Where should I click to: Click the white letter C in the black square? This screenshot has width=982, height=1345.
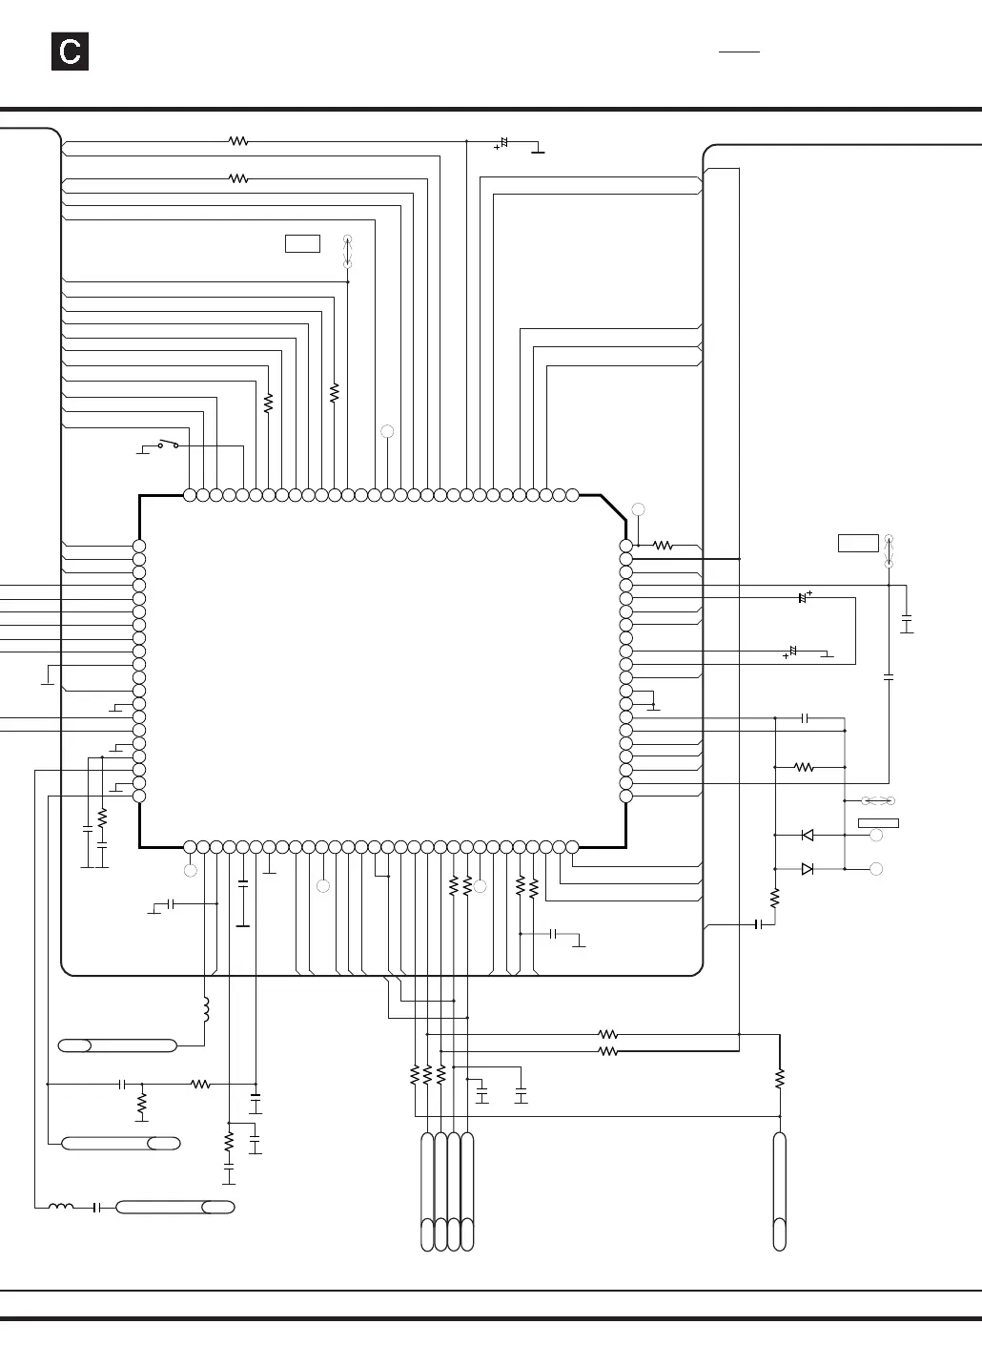pyautogui.click(x=70, y=52)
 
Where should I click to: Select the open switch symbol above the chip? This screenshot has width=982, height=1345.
pyautogui.click(x=168, y=444)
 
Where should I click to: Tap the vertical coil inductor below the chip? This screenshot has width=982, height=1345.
pyautogui.click(x=205, y=1009)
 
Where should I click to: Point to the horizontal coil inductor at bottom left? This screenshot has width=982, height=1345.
pyautogui.click(x=61, y=1207)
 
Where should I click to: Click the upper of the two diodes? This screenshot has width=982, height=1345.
pyautogui.click(x=808, y=835)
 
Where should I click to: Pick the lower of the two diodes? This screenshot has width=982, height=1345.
pyautogui.click(x=808, y=868)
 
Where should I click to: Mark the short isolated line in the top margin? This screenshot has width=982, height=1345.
pyautogui.click(x=739, y=52)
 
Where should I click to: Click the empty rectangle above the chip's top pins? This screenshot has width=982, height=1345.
pyautogui.click(x=302, y=243)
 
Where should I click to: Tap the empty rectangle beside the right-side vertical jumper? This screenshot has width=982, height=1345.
pyautogui.click(x=858, y=543)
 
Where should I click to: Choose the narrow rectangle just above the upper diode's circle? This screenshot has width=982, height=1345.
pyautogui.click(x=878, y=822)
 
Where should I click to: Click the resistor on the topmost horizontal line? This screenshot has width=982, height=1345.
pyautogui.click(x=238, y=141)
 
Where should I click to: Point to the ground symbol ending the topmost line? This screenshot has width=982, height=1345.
pyautogui.click(x=539, y=150)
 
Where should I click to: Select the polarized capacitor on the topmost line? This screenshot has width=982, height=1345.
pyautogui.click(x=501, y=143)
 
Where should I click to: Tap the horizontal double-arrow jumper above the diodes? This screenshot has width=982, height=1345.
pyautogui.click(x=877, y=800)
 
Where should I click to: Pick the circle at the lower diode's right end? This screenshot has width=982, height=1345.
pyautogui.click(x=876, y=869)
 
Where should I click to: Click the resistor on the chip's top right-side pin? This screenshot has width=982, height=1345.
pyautogui.click(x=663, y=546)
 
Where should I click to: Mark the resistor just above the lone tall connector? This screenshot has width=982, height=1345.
pyautogui.click(x=779, y=1078)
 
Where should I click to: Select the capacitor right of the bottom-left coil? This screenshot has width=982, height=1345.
pyautogui.click(x=96, y=1207)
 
